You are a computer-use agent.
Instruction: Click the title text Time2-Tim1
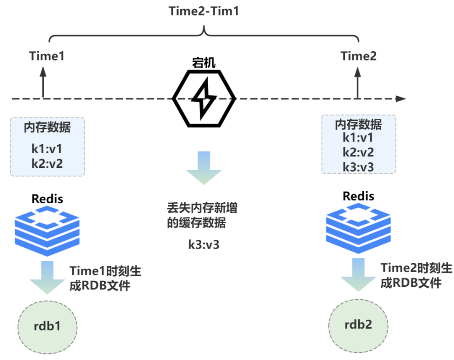click(x=204, y=11)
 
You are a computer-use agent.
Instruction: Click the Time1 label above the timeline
click(x=47, y=56)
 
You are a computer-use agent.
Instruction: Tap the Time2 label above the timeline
click(x=359, y=56)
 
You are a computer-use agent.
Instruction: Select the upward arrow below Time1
click(x=43, y=82)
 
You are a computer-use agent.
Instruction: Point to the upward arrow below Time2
click(x=358, y=82)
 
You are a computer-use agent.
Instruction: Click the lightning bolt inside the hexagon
click(x=204, y=98)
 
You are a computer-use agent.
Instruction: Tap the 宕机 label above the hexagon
click(x=204, y=63)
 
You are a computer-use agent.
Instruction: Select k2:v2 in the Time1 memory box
click(x=47, y=164)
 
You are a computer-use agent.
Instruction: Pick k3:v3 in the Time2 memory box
click(x=358, y=167)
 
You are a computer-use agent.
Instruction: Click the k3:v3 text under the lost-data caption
click(x=204, y=245)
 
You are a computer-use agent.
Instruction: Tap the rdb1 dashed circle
click(x=48, y=327)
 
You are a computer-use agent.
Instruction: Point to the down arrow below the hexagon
click(x=204, y=168)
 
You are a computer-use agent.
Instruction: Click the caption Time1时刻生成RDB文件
click(x=106, y=278)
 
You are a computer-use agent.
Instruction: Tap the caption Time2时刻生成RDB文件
click(x=416, y=275)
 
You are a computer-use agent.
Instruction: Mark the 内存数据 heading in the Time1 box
click(x=47, y=127)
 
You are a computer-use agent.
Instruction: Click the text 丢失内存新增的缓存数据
click(x=202, y=215)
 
